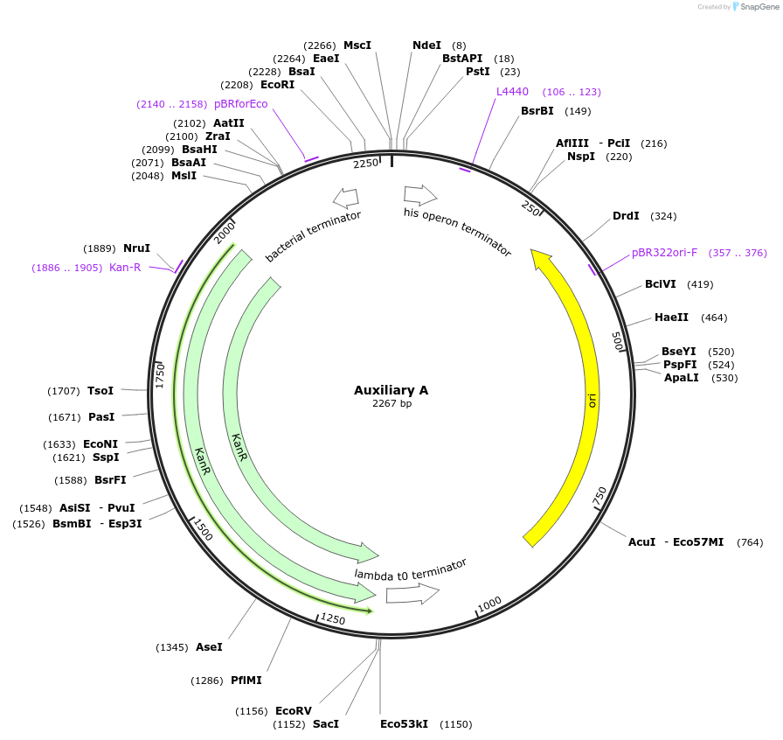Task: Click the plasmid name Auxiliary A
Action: click(x=391, y=390)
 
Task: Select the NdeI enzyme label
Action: click(x=426, y=45)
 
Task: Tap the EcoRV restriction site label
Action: click(x=293, y=711)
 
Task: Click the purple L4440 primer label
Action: click(x=512, y=92)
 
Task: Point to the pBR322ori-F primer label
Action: click(x=664, y=254)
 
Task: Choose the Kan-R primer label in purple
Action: click(x=125, y=268)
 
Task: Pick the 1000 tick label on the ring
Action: click(x=489, y=604)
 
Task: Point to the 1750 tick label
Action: click(x=161, y=375)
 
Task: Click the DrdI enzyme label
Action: click(x=626, y=216)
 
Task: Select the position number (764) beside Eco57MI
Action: click(x=750, y=542)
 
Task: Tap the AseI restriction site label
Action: click(x=209, y=647)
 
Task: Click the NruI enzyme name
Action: click(x=136, y=248)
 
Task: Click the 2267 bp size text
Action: click(x=391, y=404)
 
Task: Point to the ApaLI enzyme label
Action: click(x=682, y=378)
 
